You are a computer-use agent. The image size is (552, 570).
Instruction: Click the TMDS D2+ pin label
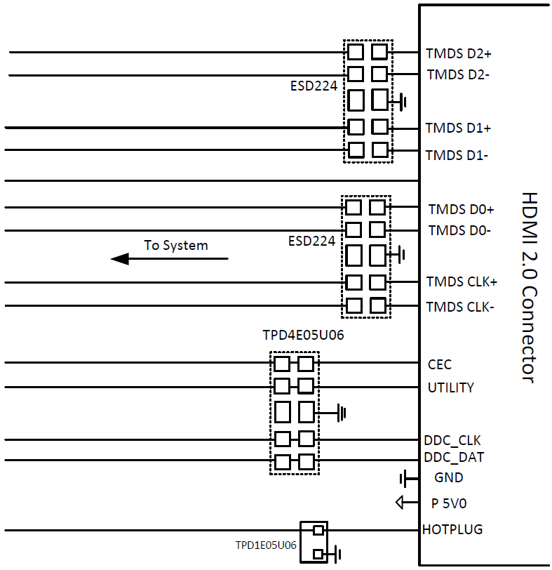coord(458,53)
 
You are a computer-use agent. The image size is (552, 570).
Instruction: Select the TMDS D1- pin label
coord(457,155)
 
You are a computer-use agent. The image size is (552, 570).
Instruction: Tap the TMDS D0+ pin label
coord(461,209)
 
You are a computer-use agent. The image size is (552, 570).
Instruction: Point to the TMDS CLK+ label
coord(462,282)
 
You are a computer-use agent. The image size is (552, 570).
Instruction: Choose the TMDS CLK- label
coord(460,307)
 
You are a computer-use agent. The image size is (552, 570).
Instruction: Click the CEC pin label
coord(440,364)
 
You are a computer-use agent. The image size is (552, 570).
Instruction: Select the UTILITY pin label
coord(450,387)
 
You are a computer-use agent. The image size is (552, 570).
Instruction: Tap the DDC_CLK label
coord(452,441)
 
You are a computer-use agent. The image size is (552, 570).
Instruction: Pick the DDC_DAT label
coord(454,458)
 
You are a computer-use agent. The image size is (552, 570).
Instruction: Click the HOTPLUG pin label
coord(452,529)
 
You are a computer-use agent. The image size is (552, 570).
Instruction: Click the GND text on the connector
coord(449,478)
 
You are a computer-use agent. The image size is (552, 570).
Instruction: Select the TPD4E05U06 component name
coord(303,336)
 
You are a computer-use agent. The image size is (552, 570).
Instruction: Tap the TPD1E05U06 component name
coord(265,545)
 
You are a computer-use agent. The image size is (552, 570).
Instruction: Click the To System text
coord(176,246)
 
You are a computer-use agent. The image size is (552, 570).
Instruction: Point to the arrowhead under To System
coord(120,259)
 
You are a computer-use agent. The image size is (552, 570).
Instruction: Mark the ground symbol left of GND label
coord(404,479)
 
